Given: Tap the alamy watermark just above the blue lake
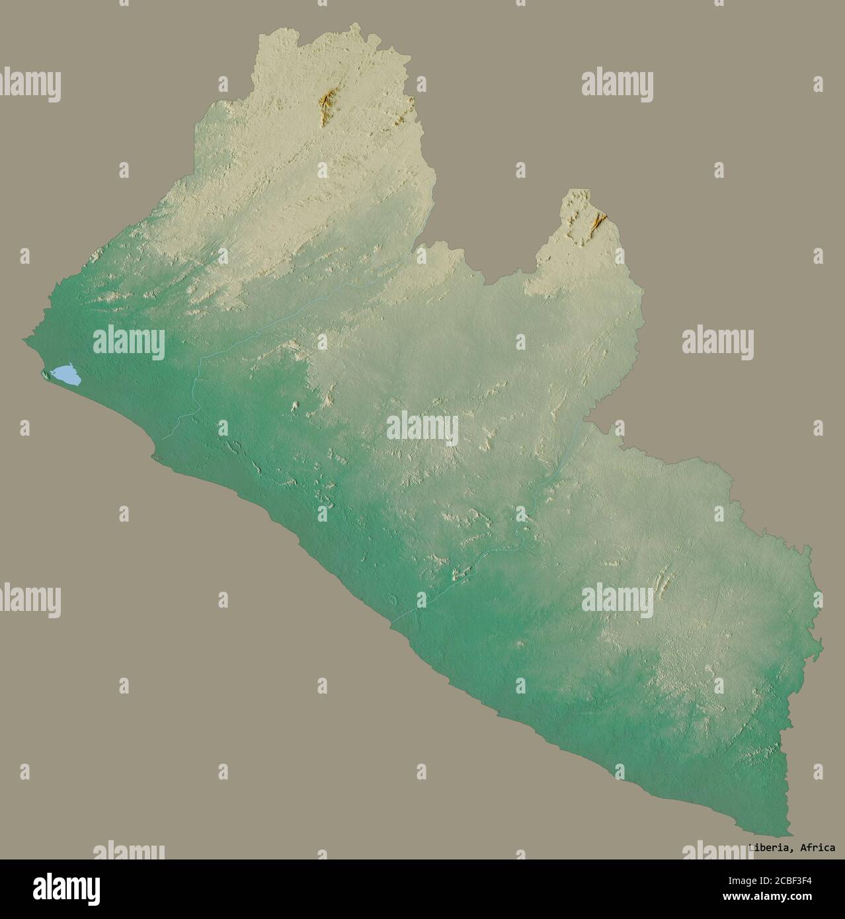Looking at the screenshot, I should tap(129, 342).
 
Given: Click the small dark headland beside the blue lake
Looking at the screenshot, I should tap(45, 377).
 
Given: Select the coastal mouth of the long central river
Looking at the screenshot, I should tap(391, 621).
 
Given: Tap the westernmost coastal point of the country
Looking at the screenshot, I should tap(24, 340).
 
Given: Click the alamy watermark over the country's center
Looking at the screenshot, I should tap(422, 428).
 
